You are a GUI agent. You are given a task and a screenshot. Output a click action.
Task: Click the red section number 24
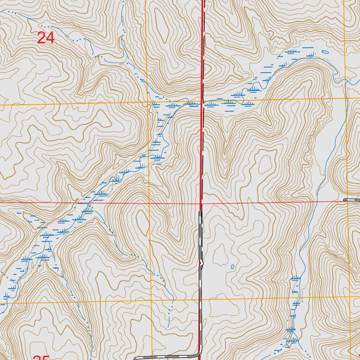coord(46,38)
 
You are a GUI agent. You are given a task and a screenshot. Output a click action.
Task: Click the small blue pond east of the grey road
coord(232,267)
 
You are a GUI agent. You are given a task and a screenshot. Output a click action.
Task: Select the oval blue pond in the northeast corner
coord(325,52)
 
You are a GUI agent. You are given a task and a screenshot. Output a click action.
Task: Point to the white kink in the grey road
coord(201,262)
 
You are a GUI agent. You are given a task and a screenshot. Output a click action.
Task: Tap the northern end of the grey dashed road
coord(200,212)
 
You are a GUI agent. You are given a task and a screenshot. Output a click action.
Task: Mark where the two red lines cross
coord(201,204)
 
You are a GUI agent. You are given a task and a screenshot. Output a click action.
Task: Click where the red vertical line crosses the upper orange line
coord(202,102)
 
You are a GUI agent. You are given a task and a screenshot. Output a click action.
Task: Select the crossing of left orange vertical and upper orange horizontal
coord(147,103)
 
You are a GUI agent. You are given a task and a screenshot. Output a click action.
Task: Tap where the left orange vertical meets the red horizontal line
coord(149,203)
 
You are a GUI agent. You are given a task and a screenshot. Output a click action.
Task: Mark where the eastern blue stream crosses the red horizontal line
coord(316,201)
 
